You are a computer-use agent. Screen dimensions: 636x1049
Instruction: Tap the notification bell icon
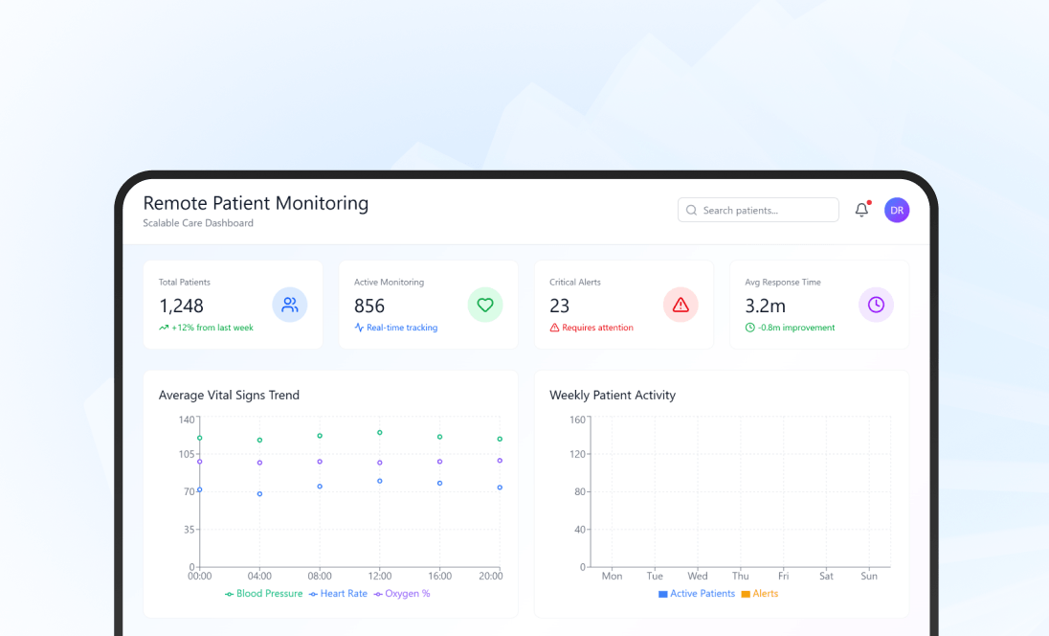click(861, 211)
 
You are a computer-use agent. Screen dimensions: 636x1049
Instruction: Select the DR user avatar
click(897, 211)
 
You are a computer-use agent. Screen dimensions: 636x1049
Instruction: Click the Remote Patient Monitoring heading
click(256, 203)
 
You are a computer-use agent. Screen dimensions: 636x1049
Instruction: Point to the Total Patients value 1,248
click(181, 306)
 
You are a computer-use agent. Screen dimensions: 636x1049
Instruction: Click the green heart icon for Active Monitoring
click(485, 306)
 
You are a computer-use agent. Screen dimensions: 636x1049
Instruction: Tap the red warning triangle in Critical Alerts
click(681, 306)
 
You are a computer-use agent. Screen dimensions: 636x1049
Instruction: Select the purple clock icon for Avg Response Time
click(876, 306)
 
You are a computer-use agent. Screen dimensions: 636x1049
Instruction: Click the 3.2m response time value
click(765, 306)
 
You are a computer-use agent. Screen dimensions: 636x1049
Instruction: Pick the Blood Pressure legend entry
click(263, 594)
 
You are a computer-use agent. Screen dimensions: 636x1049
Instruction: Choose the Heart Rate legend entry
click(339, 594)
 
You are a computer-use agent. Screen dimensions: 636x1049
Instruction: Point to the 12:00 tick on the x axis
click(379, 577)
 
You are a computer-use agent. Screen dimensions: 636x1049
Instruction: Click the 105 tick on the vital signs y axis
click(187, 454)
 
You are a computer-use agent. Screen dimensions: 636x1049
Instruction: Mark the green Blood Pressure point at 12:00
click(379, 433)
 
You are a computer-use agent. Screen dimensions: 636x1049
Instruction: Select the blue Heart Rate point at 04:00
click(259, 494)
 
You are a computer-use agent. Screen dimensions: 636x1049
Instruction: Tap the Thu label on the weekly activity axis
click(741, 577)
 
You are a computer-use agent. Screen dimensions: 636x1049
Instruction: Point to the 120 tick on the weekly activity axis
click(577, 454)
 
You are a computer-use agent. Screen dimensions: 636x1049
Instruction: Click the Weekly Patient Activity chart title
click(613, 395)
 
